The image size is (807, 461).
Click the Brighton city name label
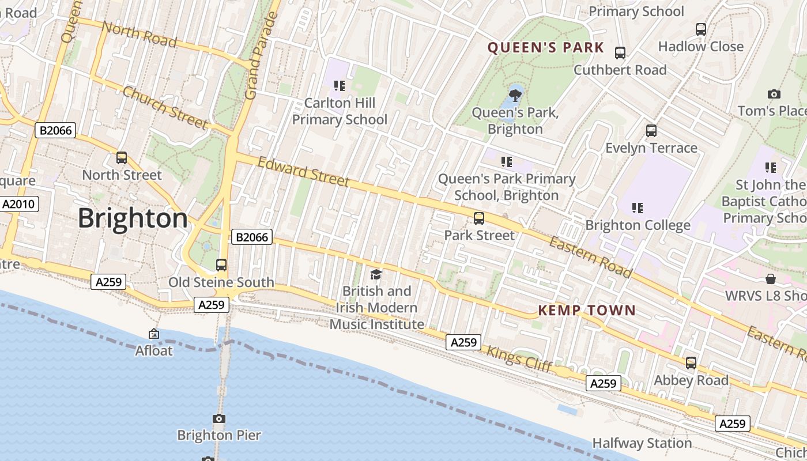(x=133, y=219)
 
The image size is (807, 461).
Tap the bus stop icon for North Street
(x=122, y=158)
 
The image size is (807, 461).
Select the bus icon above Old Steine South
(x=221, y=265)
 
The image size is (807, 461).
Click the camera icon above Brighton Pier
(x=219, y=418)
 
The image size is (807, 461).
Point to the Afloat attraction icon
(x=154, y=334)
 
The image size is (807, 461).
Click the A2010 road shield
(x=19, y=204)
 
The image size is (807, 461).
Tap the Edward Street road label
(x=303, y=172)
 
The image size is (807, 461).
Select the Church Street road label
(x=165, y=108)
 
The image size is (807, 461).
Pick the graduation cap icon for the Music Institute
(x=376, y=274)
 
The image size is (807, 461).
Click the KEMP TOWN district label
(x=587, y=311)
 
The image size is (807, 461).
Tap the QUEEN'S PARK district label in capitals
(x=546, y=48)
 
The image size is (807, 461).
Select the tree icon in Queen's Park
(x=515, y=94)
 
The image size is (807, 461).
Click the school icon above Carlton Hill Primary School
(x=340, y=86)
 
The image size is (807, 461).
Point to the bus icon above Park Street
(x=479, y=218)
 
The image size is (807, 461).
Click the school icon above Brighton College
(x=638, y=207)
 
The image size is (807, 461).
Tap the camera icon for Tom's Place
(x=774, y=94)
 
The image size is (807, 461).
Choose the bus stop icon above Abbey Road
(x=691, y=363)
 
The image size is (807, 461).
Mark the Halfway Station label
(x=642, y=443)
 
